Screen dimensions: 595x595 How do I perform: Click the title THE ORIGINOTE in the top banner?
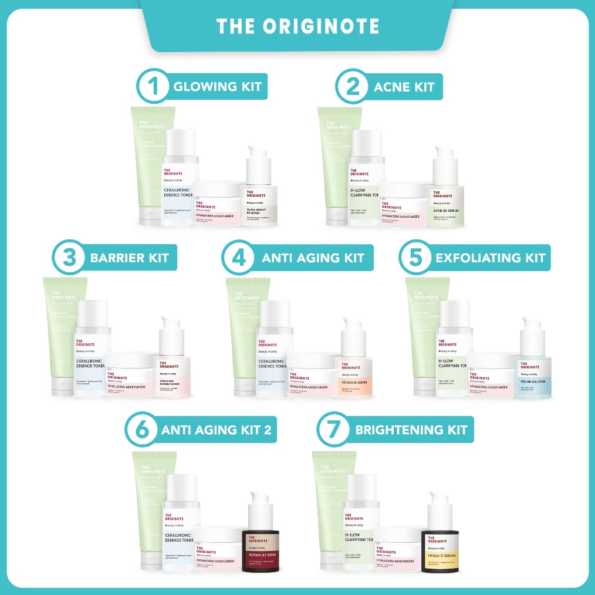pyautogui.click(x=297, y=26)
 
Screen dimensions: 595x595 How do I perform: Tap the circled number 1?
pyautogui.click(x=153, y=87)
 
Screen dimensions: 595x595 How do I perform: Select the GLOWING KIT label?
pyautogui.click(x=217, y=87)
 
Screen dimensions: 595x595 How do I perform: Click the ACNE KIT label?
pyautogui.click(x=404, y=87)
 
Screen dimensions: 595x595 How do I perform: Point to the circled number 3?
pyautogui.click(x=68, y=257)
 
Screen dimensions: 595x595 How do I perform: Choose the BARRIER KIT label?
pyautogui.click(x=130, y=258)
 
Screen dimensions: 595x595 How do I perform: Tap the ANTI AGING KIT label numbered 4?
pyautogui.click(x=313, y=258)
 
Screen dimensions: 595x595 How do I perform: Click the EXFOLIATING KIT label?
pyautogui.click(x=490, y=258)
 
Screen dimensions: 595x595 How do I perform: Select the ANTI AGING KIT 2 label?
pyautogui.click(x=217, y=430)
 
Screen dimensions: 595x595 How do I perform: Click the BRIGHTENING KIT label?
pyautogui.click(x=411, y=430)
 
